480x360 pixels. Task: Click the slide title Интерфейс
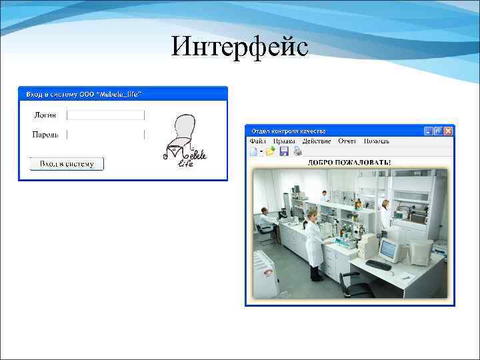(x=239, y=47)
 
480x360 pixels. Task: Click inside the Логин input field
(x=105, y=115)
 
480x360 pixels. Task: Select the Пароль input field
(x=105, y=135)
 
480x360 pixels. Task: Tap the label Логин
(x=45, y=115)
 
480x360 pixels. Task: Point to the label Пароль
(x=45, y=135)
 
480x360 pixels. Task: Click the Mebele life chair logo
(x=184, y=141)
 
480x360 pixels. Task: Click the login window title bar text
(x=83, y=94)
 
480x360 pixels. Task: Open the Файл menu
(x=257, y=141)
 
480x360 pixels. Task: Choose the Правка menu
(x=284, y=141)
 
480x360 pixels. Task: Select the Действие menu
(x=317, y=141)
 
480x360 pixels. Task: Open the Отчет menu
(x=347, y=141)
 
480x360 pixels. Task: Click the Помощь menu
(x=377, y=141)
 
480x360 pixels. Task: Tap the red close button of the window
(x=449, y=131)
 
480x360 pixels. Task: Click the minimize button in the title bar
(x=429, y=131)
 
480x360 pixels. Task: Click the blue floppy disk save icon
(x=284, y=152)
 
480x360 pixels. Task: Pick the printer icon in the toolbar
(x=297, y=152)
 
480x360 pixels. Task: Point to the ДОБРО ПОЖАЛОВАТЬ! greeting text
(x=349, y=162)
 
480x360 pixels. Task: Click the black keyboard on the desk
(x=378, y=265)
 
